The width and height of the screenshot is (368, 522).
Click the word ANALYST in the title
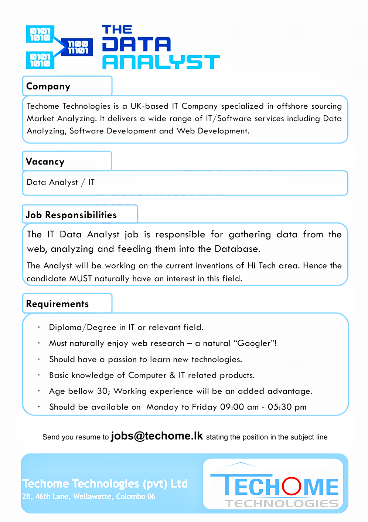[x=161, y=62]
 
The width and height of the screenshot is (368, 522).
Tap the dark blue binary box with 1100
[x=77, y=47]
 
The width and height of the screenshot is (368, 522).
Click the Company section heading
[x=48, y=87]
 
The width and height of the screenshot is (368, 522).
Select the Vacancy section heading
[x=45, y=162]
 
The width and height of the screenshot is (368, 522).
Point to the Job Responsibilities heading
[x=71, y=215]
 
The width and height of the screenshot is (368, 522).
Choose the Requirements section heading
[x=57, y=304]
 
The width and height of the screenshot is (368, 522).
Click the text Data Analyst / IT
[x=61, y=182]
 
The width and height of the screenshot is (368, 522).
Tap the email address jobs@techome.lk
[x=157, y=436]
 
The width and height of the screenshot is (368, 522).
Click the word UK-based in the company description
[x=149, y=106]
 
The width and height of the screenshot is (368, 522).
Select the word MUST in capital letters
[x=81, y=278]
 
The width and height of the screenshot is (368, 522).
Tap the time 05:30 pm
[x=287, y=407]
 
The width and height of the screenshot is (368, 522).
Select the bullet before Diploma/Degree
[x=39, y=327]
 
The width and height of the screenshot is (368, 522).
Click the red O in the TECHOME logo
[x=292, y=486]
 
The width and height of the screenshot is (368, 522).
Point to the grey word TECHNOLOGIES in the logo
[x=282, y=504]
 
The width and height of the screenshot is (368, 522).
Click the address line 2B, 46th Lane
[x=89, y=496]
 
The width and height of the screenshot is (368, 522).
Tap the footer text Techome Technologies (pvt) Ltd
[x=105, y=484]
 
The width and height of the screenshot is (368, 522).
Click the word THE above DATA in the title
[x=117, y=30]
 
